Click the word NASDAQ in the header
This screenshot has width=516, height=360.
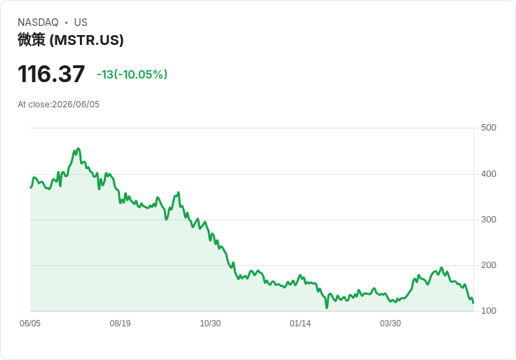coord(38,22)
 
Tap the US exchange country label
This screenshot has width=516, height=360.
coord(81,22)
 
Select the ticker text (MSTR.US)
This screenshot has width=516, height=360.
coord(86,40)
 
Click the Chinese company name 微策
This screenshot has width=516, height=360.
coord(32,40)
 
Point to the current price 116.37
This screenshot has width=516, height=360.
coord(51,74)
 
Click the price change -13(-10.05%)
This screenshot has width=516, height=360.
coord(132,74)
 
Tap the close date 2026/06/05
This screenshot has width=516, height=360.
coord(76,105)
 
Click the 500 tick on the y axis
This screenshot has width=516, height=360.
coord(489,128)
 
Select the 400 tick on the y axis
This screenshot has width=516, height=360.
coord(489,174)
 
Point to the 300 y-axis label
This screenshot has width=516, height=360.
coord(489,220)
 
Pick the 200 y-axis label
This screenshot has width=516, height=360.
coord(489,265)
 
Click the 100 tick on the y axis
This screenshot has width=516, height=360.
coord(489,311)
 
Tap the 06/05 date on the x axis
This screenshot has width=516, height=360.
coord(30,324)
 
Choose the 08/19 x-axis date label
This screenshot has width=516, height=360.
coord(120,324)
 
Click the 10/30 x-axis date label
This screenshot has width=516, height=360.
coord(210,324)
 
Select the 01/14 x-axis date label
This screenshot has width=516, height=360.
coord(300,324)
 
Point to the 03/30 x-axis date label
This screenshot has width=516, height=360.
coord(391,324)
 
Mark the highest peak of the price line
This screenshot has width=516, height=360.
coord(78,149)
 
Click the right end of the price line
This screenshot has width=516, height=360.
coord(473,302)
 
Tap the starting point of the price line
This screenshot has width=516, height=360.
coord(31,187)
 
